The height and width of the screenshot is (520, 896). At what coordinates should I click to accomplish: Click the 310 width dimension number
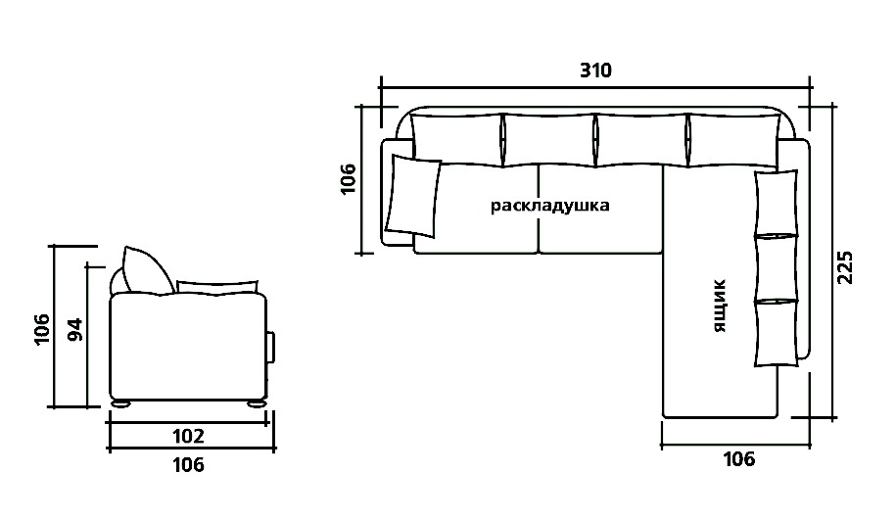[595, 71]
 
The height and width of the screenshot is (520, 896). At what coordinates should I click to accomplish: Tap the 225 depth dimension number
[844, 267]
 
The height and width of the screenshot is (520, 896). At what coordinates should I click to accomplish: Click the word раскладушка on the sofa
[549, 206]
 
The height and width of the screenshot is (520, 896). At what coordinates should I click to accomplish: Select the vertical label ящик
[721, 306]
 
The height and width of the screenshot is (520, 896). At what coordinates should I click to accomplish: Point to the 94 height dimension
[75, 330]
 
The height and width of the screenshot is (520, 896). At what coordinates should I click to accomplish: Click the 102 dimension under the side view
[188, 436]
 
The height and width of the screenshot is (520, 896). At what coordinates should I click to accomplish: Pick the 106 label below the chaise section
[739, 459]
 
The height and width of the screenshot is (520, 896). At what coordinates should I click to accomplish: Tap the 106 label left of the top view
[348, 179]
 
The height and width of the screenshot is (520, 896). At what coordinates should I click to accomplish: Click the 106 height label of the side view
[42, 329]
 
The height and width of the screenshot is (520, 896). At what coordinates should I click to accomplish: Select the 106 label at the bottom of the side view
[188, 465]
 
